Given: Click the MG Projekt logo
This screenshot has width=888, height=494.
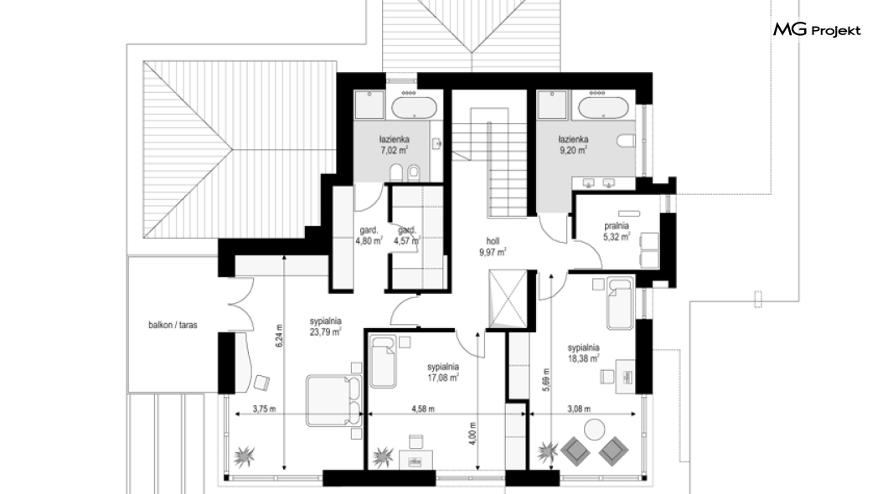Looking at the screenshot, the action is tap(817, 30).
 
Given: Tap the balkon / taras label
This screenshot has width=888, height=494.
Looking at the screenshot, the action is tap(173, 326).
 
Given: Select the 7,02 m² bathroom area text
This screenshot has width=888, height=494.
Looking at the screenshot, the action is tap(395, 151).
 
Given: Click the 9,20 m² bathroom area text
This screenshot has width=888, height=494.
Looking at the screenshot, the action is tap(572, 151).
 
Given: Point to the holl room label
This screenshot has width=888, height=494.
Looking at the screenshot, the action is tap(492, 241).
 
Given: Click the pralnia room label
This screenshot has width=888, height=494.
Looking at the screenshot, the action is tap(617, 226).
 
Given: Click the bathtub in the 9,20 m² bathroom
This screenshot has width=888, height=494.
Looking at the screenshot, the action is tap(603, 107).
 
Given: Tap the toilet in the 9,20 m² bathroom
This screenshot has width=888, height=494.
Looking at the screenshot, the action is tap(626, 141).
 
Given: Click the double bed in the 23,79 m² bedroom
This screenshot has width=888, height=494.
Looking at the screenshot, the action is tap(334, 400).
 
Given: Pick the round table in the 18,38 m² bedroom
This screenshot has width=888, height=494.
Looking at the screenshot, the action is tap(595, 429).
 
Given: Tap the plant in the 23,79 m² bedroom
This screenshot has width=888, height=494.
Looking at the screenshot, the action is tap(245, 455).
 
